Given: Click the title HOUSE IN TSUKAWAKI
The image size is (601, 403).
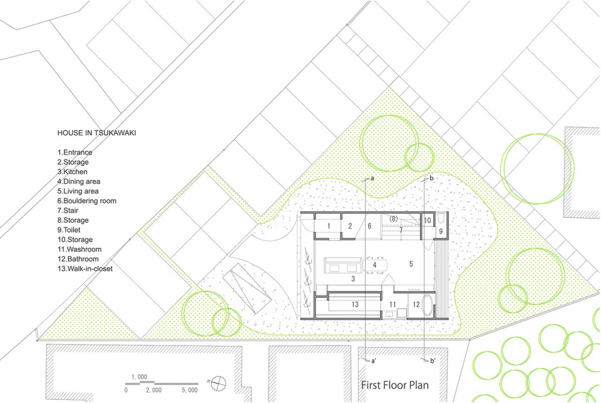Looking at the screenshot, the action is pyautogui.click(x=96, y=133).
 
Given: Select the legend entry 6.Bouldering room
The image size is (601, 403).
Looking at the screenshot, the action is pyautogui.click(x=86, y=201).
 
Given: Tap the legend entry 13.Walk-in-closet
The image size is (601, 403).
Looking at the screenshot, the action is pyautogui.click(x=85, y=268).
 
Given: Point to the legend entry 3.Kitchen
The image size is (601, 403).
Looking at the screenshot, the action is pyautogui.click(x=73, y=171).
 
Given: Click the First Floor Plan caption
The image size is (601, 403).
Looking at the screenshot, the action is pyautogui.click(x=395, y=385).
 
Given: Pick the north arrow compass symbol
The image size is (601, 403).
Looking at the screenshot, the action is pyautogui.click(x=218, y=384).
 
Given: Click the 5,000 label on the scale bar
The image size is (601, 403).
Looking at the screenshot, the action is pyautogui.click(x=190, y=390).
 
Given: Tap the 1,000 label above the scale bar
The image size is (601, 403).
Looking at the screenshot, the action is pyautogui.click(x=140, y=377).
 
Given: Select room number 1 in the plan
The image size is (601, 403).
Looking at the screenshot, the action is pyautogui.click(x=329, y=226).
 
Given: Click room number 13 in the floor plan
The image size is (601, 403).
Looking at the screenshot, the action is pyautogui.click(x=355, y=305).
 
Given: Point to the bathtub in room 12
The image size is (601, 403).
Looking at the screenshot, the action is pyautogui.click(x=426, y=305).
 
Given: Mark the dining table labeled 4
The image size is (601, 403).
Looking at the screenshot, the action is pyautogui.click(x=375, y=265).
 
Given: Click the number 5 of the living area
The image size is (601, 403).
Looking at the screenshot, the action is pyautogui.click(x=411, y=264).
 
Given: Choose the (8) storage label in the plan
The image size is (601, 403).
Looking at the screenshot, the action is pyautogui.click(x=393, y=219).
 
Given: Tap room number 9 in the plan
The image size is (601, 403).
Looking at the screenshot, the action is pyautogui.click(x=441, y=232).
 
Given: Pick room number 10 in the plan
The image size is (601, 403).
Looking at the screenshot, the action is pyautogui.click(x=428, y=221).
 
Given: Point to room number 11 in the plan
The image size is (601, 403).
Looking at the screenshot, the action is pyautogui.click(x=393, y=305).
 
